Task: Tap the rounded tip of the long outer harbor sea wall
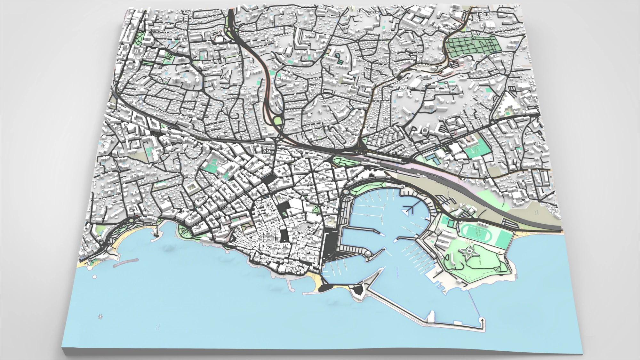pyautogui.click(x=481, y=320)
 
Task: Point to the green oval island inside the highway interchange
pyautogui.click(x=277, y=121)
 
